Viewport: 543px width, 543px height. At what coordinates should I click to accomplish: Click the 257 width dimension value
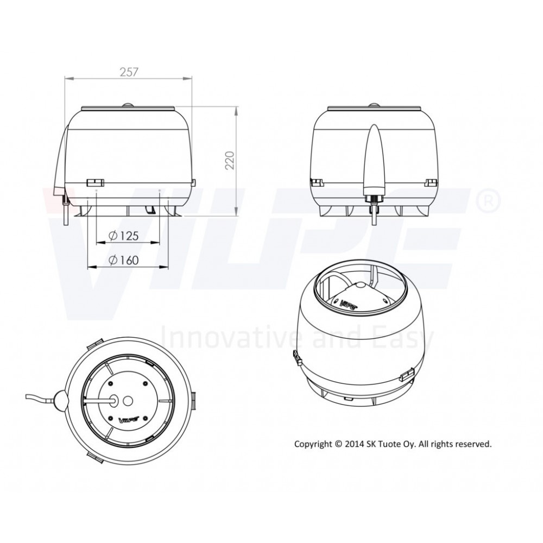tap(129, 72)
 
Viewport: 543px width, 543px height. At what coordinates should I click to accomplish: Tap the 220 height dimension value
tap(230, 160)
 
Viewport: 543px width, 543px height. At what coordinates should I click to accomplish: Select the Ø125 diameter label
tap(124, 236)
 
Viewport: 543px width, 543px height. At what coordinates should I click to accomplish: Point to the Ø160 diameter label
tap(124, 260)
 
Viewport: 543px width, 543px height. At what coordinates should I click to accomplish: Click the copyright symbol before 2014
tap(338, 444)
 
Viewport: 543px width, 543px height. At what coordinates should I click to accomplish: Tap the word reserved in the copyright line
tap(475, 444)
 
